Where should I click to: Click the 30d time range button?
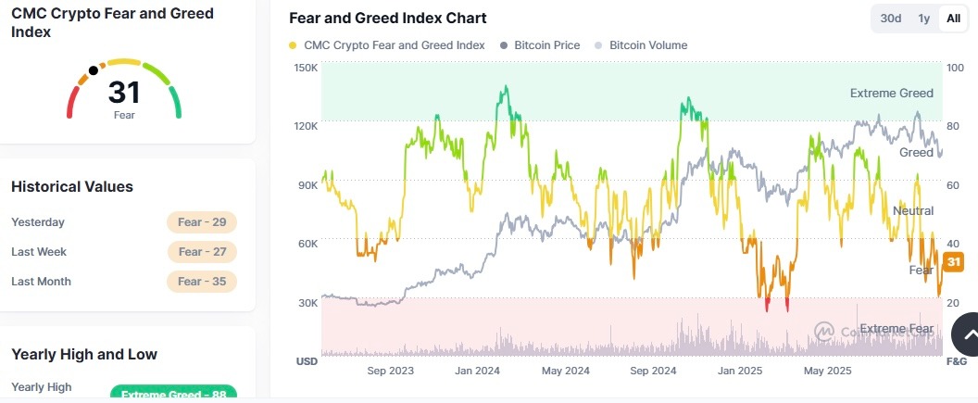click(891, 19)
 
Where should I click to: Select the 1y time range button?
click(923, 19)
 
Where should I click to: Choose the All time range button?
click(953, 19)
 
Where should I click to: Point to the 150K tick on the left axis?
click(306, 69)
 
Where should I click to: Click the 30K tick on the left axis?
click(306, 302)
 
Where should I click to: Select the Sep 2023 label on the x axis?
click(391, 371)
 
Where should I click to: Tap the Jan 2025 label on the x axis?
click(739, 371)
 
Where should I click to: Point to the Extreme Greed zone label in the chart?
click(891, 93)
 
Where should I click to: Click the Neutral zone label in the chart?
click(912, 211)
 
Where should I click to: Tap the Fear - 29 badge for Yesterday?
click(202, 222)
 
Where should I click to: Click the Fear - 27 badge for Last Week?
click(202, 252)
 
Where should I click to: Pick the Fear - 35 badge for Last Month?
click(202, 282)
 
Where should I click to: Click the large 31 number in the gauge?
click(124, 92)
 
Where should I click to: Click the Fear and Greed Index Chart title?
click(387, 19)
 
